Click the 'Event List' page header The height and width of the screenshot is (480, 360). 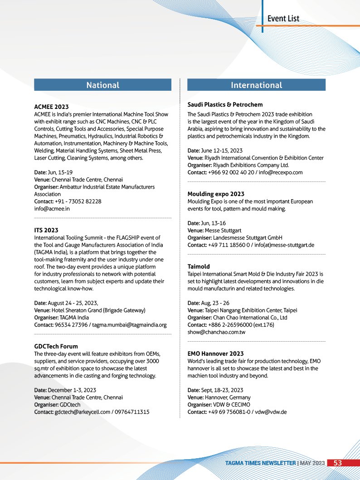pyautogui.click(x=283, y=19)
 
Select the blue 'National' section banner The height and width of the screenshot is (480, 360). pyautogui.click(x=103, y=85)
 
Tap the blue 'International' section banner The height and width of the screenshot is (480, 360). pyautogui.click(x=256, y=85)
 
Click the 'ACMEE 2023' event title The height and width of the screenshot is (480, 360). pyautogui.click(x=51, y=107)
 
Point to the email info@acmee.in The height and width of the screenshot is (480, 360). pyautogui.click(x=52, y=209)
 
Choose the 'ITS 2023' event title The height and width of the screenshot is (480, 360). pyautogui.click(x=46, y=230)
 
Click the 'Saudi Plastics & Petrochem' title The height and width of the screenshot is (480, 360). pyautogui.click(x=225, y=104)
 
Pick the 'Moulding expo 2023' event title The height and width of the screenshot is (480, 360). pyautogui.click(x=216, y=194)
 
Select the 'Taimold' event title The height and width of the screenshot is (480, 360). pyautogui.click(x=199, y=266)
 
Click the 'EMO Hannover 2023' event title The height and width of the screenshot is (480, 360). pyautogui.click(x=215, y=353)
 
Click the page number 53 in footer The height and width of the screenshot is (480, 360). pyautogui.click(x=338, y=463)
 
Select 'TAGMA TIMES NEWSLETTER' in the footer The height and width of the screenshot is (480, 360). pyautogui.click(x=261, y=463)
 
